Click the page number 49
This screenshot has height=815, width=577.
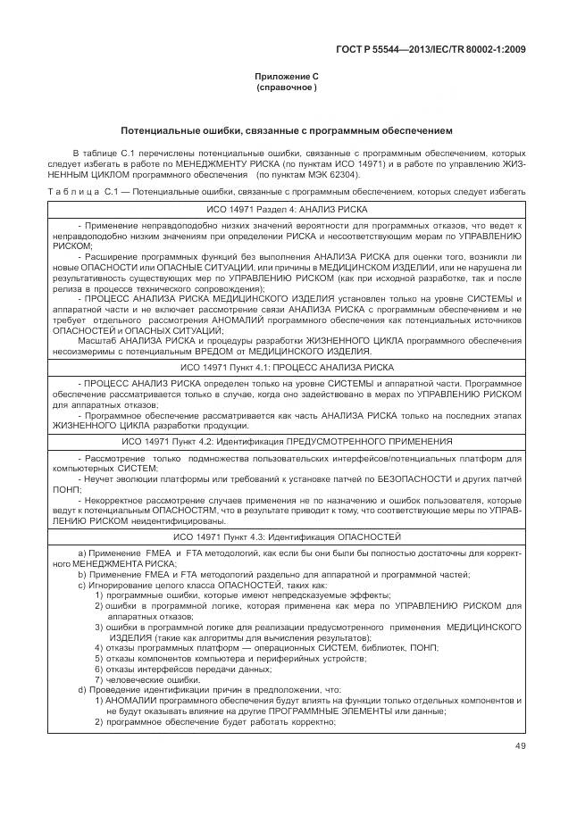click(521, 747)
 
